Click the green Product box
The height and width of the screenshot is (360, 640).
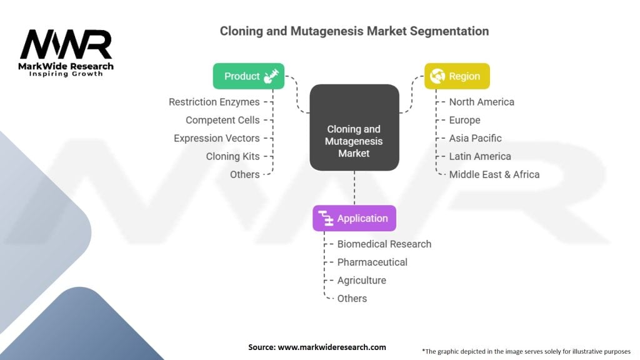coord(249,76)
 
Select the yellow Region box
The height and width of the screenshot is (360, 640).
coord(457,76)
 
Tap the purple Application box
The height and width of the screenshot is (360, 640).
coord(354,218)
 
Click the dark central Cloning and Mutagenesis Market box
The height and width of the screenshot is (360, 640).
coord(354,127)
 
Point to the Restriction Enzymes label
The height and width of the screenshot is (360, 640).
coord(214,102)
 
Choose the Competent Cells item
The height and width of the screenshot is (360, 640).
coord(222,120)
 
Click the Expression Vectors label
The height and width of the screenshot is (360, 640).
coord(217,138)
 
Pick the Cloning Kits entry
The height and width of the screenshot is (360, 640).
coord(232,156)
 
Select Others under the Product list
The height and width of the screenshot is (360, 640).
coord(245,175)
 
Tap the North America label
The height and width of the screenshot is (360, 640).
coord(482,102)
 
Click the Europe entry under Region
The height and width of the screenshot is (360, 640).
coord(464,120)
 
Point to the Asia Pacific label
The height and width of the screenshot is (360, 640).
coord(476,138)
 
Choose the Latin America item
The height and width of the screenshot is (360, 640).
coord(480,156)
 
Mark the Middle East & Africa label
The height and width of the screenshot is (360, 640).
coord(494,175)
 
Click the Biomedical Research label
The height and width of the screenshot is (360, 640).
coord(384,244)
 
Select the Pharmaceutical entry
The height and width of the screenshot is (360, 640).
coord(372,262)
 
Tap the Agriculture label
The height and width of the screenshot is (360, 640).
coord(362,281)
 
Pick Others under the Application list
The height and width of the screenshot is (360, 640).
coord(352,298)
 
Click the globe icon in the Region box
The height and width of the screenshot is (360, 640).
coord(437,76)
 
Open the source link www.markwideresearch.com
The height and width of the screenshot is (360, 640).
coord(332,347)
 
